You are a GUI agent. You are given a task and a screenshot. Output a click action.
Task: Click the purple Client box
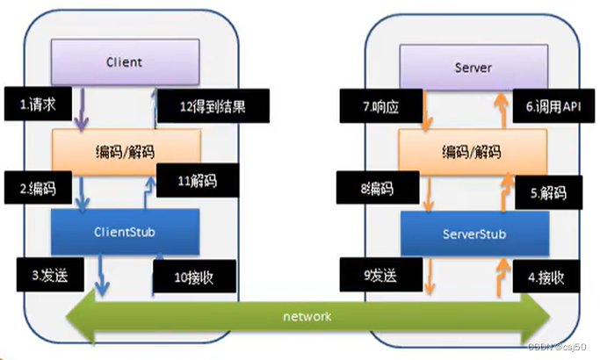tap(124, 63)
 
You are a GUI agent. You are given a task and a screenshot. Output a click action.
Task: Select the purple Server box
tap(473, 68)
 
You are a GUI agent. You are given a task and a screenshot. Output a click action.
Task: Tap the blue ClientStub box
tap(124, 233)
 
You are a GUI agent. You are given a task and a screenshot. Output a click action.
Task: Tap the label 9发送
tap(371, 276)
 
